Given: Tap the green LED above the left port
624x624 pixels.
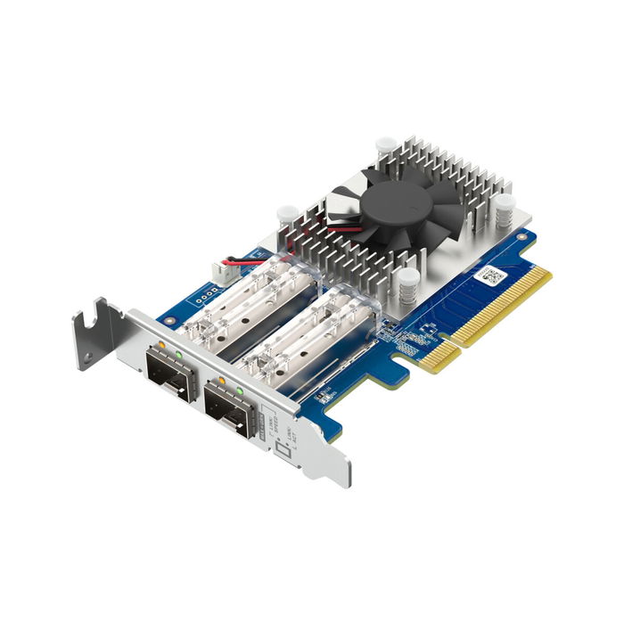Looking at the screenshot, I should [179, 354].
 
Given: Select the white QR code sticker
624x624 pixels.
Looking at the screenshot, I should [491, 274].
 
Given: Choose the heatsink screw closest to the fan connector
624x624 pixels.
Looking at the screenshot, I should [287, 216].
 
